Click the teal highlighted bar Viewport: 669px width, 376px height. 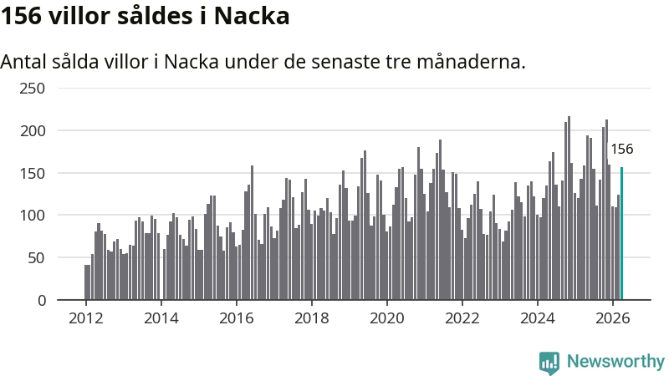(621, 234)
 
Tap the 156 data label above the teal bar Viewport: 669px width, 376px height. (621, 150)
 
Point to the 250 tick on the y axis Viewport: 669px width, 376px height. (32, 89)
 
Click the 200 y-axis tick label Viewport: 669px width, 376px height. (33, 131)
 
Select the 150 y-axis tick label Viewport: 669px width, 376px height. (33, 173)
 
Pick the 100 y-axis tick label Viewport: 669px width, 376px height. (33, 216)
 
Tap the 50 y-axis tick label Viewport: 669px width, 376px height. (36, 258)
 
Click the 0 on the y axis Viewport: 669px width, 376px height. (41, 301)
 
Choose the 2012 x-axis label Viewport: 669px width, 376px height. (86, 318)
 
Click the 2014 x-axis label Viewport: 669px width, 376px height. (161, 318)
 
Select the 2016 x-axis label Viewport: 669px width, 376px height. (237, 318)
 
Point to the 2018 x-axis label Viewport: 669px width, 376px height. (311, 318)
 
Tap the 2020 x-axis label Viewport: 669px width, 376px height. (386, 318)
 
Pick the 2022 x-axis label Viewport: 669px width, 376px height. (462, 318)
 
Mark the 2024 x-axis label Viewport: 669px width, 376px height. (537, 318)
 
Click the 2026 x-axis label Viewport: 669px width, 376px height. (612, 318)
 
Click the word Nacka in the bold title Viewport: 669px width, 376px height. (252, 16)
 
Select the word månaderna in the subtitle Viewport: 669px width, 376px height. (471, 62)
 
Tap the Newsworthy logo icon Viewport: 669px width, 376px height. (549, 363)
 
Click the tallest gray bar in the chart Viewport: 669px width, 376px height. (569, 208)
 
